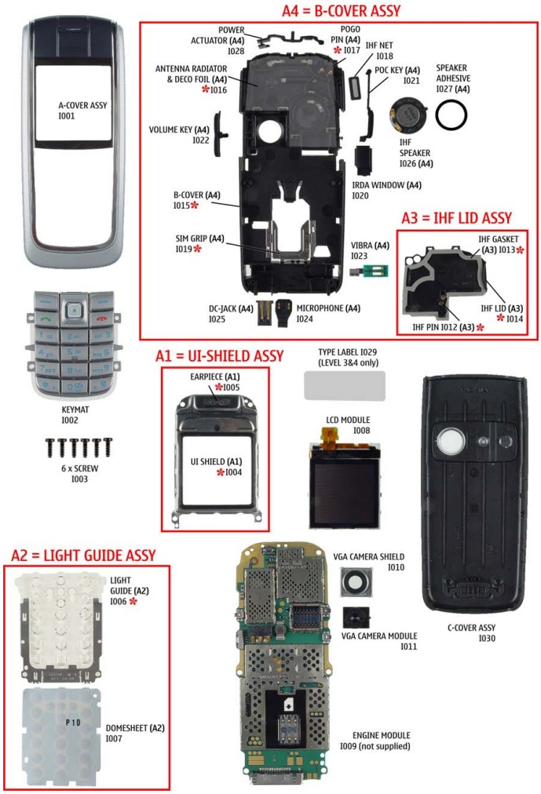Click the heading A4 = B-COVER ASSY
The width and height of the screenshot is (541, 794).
341,10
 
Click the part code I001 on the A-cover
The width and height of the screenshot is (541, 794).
67,115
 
